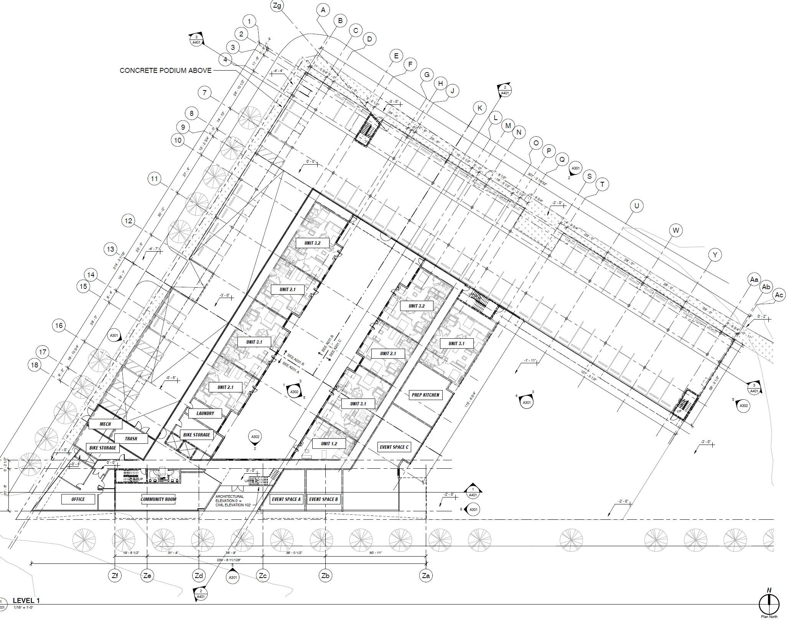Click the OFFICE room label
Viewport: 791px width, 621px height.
coord(78,499)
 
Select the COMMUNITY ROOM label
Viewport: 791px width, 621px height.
coord(158,499)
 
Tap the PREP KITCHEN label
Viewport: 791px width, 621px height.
coord(425,395)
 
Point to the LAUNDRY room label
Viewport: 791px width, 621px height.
coord(205,413)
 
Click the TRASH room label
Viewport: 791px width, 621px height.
coord(131,438)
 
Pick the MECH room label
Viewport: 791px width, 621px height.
coord(105,424)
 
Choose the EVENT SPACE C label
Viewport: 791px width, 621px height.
coord(394,447)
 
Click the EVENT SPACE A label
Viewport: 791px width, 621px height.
coord(286,499)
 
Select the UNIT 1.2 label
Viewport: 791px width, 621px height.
coord(329,443)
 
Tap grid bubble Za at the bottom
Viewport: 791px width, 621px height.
coord(425,575)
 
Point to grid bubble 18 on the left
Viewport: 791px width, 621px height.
coord(35,365)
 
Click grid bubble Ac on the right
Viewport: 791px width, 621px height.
coord(779,295)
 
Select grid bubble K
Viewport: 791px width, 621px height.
coord(480,108)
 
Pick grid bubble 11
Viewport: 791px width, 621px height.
coord(154,179)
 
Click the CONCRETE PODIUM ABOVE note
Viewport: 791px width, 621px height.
coord(165,71)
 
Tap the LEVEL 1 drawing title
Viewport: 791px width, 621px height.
coord(26,601)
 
